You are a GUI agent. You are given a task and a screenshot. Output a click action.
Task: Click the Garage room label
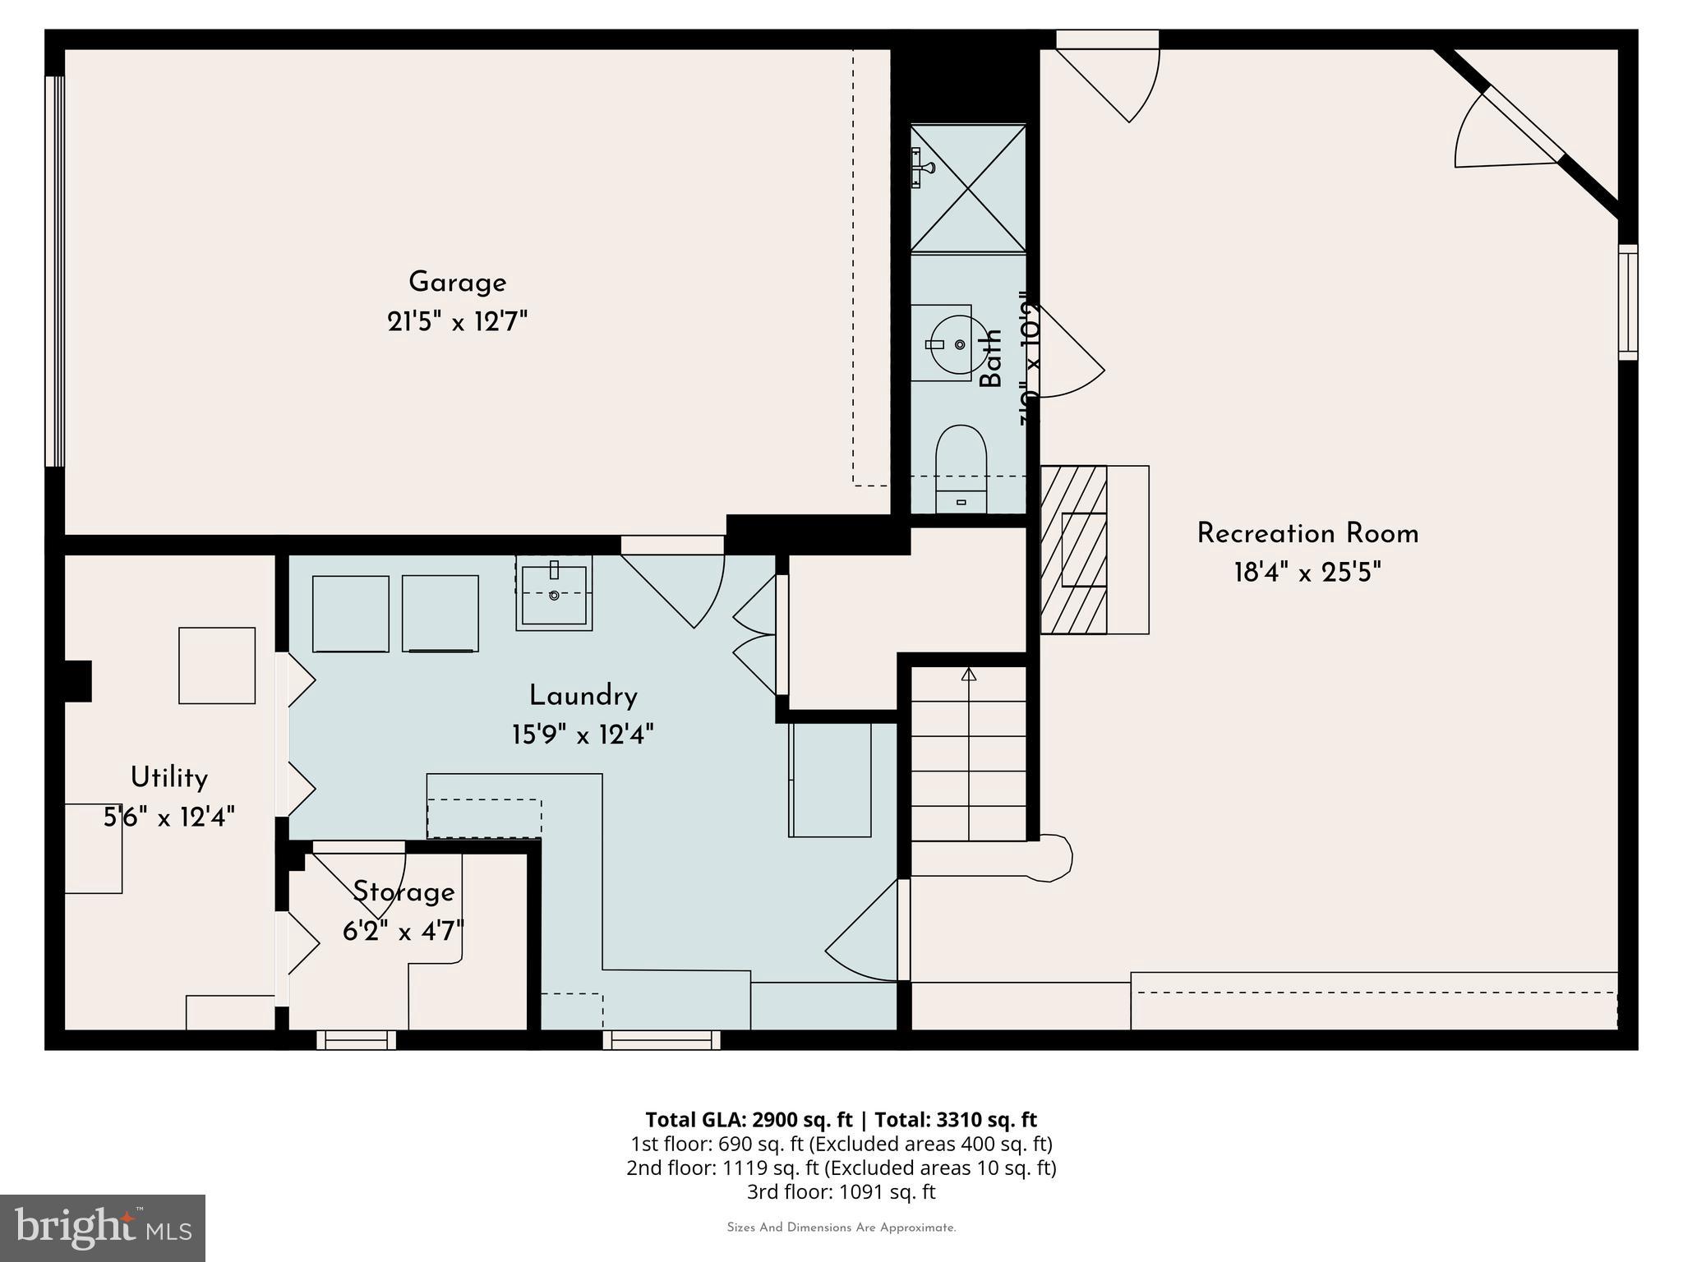coord(457,283)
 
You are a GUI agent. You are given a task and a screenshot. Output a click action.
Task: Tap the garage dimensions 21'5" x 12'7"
coord(457,321)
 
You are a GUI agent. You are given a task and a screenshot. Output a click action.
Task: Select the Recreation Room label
coord(1307,534)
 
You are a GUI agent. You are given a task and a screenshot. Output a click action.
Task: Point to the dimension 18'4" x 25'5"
coord(1307,573)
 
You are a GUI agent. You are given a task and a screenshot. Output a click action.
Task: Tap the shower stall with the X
coord(968,188)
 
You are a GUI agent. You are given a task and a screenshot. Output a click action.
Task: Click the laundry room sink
coord(554,593)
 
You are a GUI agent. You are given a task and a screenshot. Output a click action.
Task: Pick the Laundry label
coord(583,697)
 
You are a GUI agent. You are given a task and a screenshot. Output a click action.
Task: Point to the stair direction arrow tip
coord(969,674)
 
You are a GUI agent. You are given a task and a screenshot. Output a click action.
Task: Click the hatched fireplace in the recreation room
coord(1073,550)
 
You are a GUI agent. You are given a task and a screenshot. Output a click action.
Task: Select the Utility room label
coord(169,777)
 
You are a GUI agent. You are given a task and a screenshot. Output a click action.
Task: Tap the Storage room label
coord(403,892)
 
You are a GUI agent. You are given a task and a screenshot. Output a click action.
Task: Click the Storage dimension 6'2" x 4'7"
coord(403,932)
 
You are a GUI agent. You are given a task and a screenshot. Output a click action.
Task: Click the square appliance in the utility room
coord(217,666)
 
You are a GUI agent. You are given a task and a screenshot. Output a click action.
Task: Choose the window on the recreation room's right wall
coord(1627,302)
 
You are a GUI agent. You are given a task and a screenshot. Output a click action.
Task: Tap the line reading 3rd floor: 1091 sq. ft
coord(841,1191)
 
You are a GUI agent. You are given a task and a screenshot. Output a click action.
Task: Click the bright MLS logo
coord(103,1227)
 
